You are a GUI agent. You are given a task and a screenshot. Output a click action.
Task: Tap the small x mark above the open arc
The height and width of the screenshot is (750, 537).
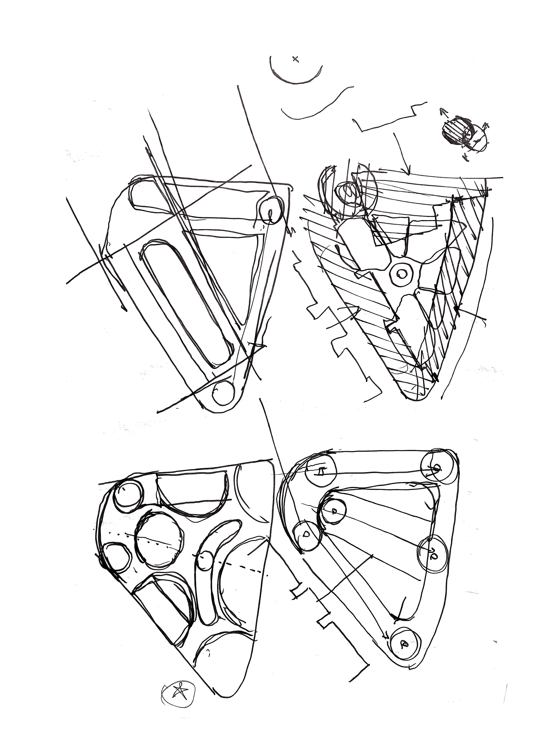(295, 59)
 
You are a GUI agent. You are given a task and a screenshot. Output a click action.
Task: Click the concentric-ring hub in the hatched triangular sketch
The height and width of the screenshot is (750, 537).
(401, 273)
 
